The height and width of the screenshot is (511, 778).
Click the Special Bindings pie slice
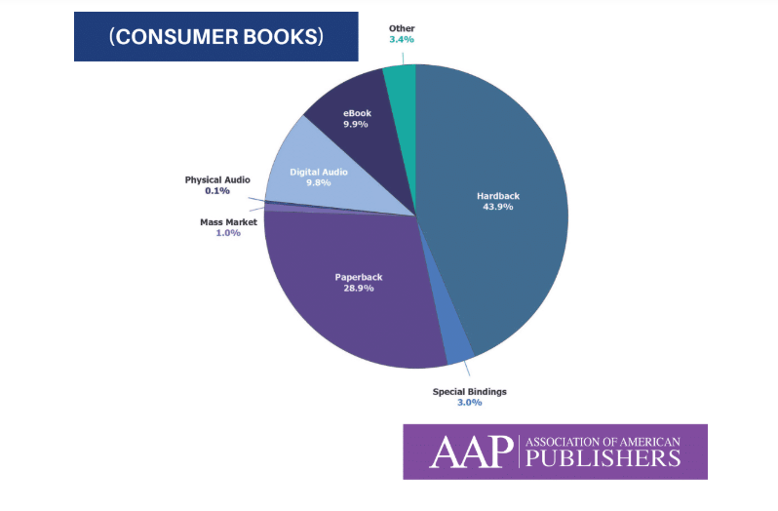pyautogui.click(x=455, y=346)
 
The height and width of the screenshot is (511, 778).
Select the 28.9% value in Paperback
pyautogui.click(x=359, y=291)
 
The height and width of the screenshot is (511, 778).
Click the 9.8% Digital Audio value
pyautogui.click(x=318, y=182)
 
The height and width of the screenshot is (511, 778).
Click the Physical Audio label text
pyautogui.click(x=217, y=179)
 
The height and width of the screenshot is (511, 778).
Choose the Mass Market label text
pyautogui.click(x=229, y=221)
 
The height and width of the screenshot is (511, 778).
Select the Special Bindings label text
pyautogui.click(x=470, y=391)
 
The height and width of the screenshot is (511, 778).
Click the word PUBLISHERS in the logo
pyautogui.click(x=602, y=458)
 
